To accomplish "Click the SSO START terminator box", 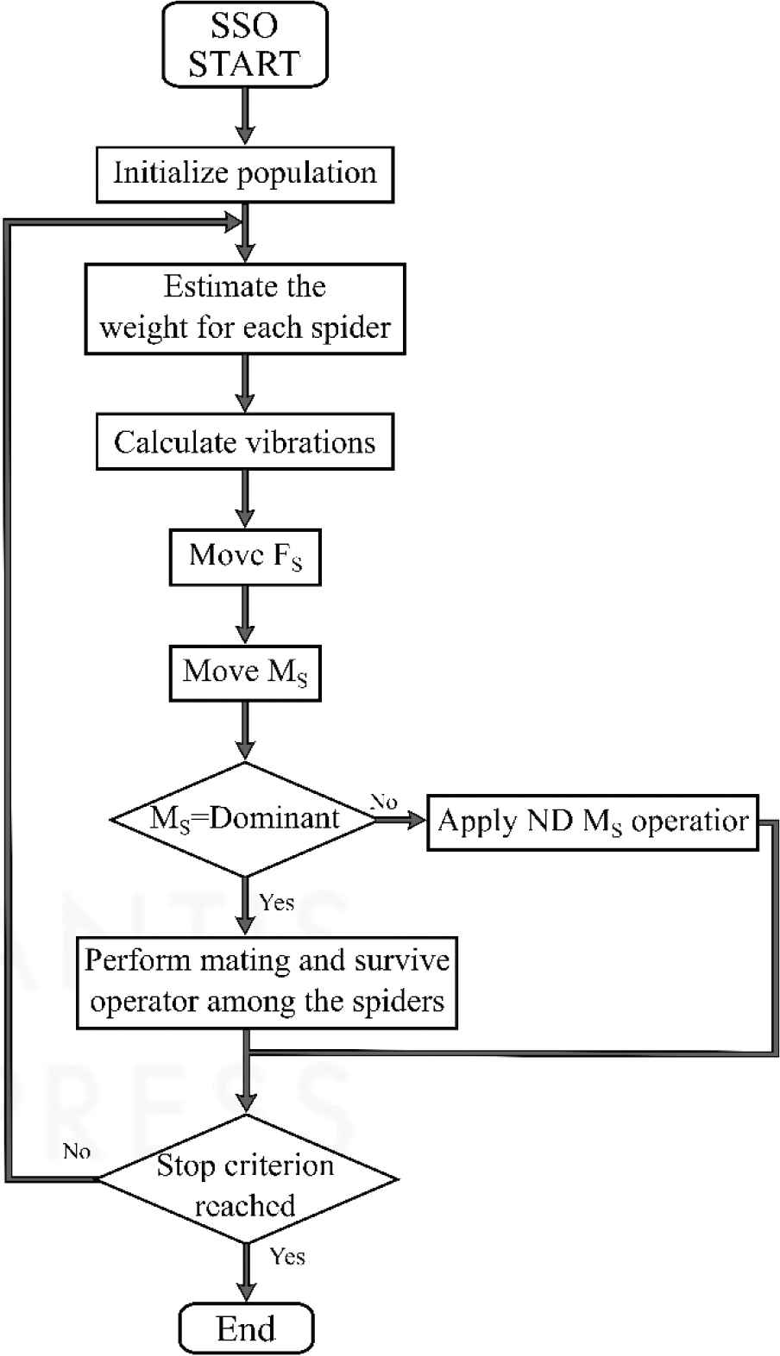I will point(245,44).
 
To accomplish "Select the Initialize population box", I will point(245,174).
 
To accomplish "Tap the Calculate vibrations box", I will point(245,442).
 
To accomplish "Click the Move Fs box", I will point(245,557).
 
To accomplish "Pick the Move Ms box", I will point(245,672).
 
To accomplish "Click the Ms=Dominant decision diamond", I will point(245,818).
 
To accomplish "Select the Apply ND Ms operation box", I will point(593,822).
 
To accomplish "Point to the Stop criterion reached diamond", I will point(245,1179).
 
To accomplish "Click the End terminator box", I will point(245,1328).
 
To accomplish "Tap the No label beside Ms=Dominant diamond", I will point(384,802).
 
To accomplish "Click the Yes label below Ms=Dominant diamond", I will point(276,903).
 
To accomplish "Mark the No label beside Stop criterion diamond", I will point(77,1152).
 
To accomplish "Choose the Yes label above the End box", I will point(287,1256).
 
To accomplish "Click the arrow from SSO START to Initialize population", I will point(245,116).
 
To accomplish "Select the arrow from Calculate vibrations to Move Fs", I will point(245,498).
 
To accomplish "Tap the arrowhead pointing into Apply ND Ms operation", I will point(417,821).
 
